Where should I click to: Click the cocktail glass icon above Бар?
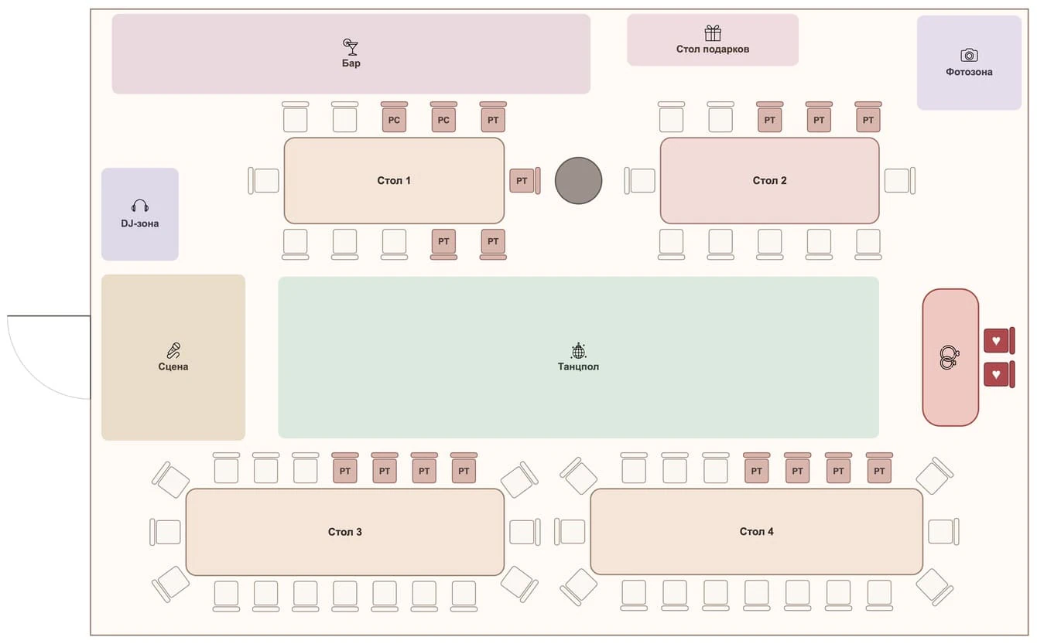(351, 46)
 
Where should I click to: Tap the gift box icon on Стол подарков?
(713, 33)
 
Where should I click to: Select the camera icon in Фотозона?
(969, 55)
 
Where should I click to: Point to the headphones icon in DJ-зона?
(140, 206)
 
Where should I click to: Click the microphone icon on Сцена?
(173, 350)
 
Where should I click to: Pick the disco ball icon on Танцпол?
(578, 351)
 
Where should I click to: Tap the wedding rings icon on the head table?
(949, 358)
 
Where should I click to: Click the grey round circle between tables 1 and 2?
(578, 180)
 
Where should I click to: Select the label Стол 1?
(393, 180)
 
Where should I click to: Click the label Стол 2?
(769, 180)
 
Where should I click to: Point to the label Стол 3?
(345, 532)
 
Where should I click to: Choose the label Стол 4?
(756, 532)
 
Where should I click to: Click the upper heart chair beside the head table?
(999, 340)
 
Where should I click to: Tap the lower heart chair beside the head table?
(999, 374)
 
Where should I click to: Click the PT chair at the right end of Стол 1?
(525, 180)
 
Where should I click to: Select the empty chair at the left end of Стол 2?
(640, 180)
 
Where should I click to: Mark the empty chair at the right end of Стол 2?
(900, 180)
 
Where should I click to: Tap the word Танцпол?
(578, 367)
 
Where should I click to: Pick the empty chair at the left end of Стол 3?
(166, 532)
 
